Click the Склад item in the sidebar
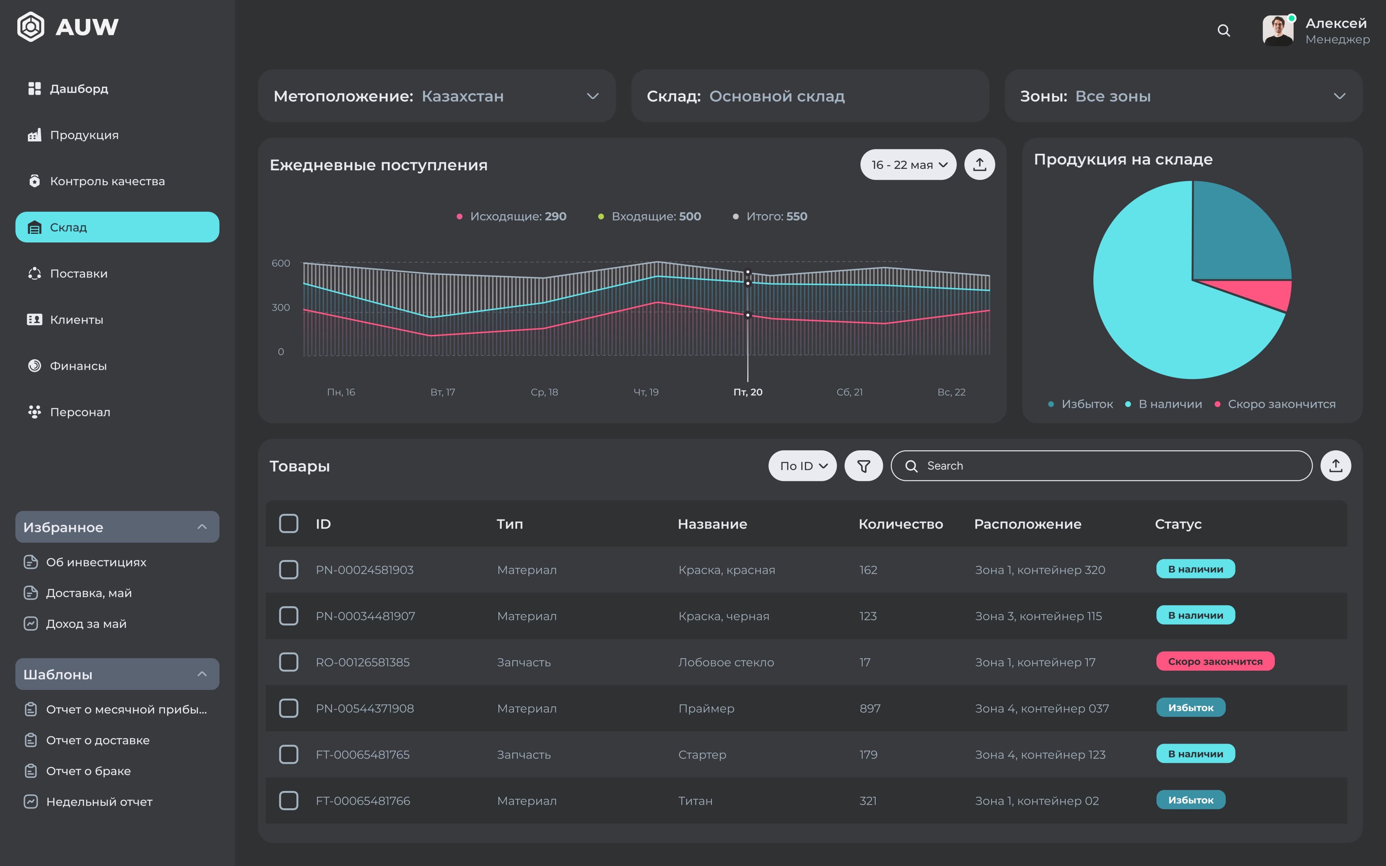pyautogui.click(x=117, y=227)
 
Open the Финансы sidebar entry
pyautogui.click(x=78, y=366)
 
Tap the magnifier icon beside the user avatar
pyautogui.click(x=1223, y=30)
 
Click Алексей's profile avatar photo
pyautogui.click(x=1278, y=30)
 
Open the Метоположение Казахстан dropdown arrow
pyautogui.click(x=593, y=96)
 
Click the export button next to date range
pyautogui.click(x=979, y=165)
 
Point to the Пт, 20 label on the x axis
pyautogui.click(x=748, y=392)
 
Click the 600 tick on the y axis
pyautogui.click(x=281, y=263)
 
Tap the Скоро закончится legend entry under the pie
pyautogui.click(x=1281, y=404)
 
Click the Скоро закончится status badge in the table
pyautogui.click(x=1215, y=661)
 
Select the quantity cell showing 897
pyautogui.click(x=869, y=708)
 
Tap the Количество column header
pyautogui.click(x=900, y=524)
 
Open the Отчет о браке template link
pyautogui.click(x=88, y=771)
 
